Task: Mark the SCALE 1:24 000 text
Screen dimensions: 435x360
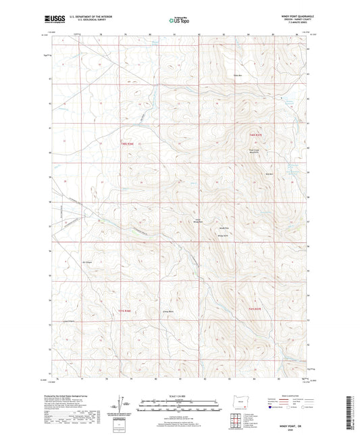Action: pos(179,396)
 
